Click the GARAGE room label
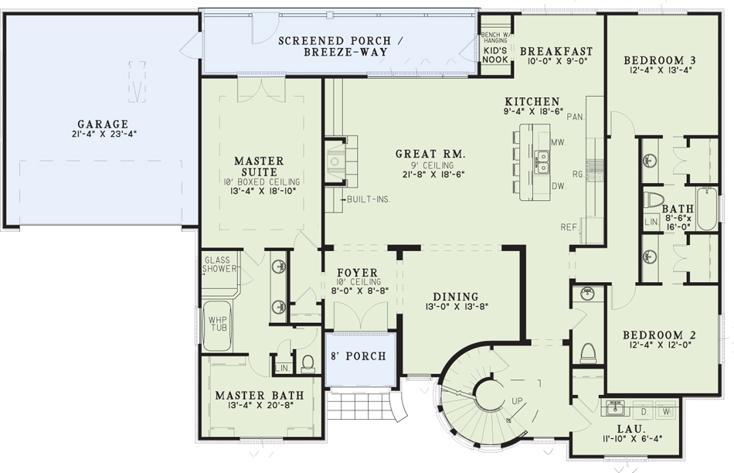pos(102,124)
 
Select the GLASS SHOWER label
pos(220,265)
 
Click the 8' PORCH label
pos(359,357)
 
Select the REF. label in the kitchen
pos(570,227)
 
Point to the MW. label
pos(560,142)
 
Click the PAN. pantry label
pos(575,117)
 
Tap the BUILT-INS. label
pos(369,199)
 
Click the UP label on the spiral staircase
pos(517,400)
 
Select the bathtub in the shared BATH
pos(707,209)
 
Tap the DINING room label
pos(456,296)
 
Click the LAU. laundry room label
pos(626,428)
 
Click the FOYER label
pos(357,273)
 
